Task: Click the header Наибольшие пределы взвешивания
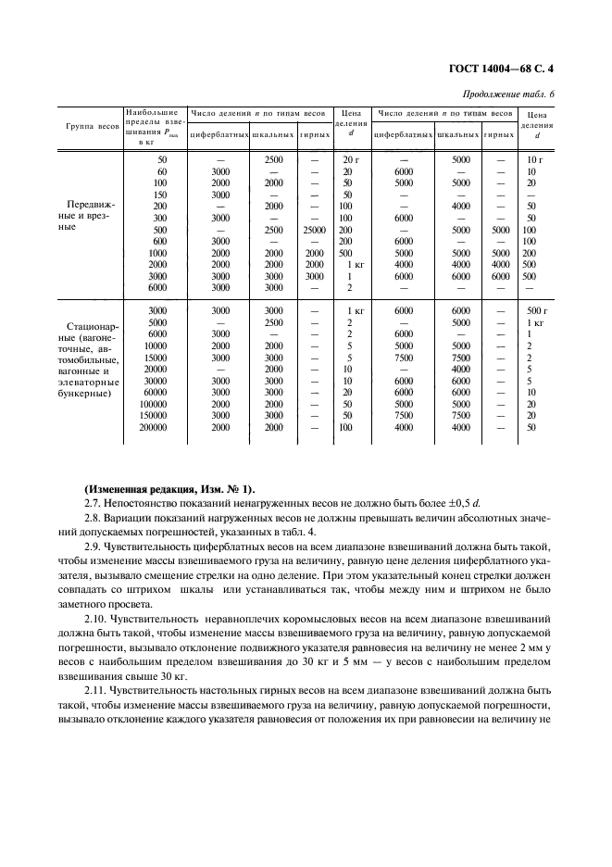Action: tap(156, 126)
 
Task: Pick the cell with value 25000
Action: tap(314, 229)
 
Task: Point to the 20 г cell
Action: tap(349, 159)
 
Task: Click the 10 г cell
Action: tap(533, 159)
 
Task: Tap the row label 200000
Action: tap(152, 427)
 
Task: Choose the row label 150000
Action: tap(152, 415)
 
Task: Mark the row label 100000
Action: tap(152, 404)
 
